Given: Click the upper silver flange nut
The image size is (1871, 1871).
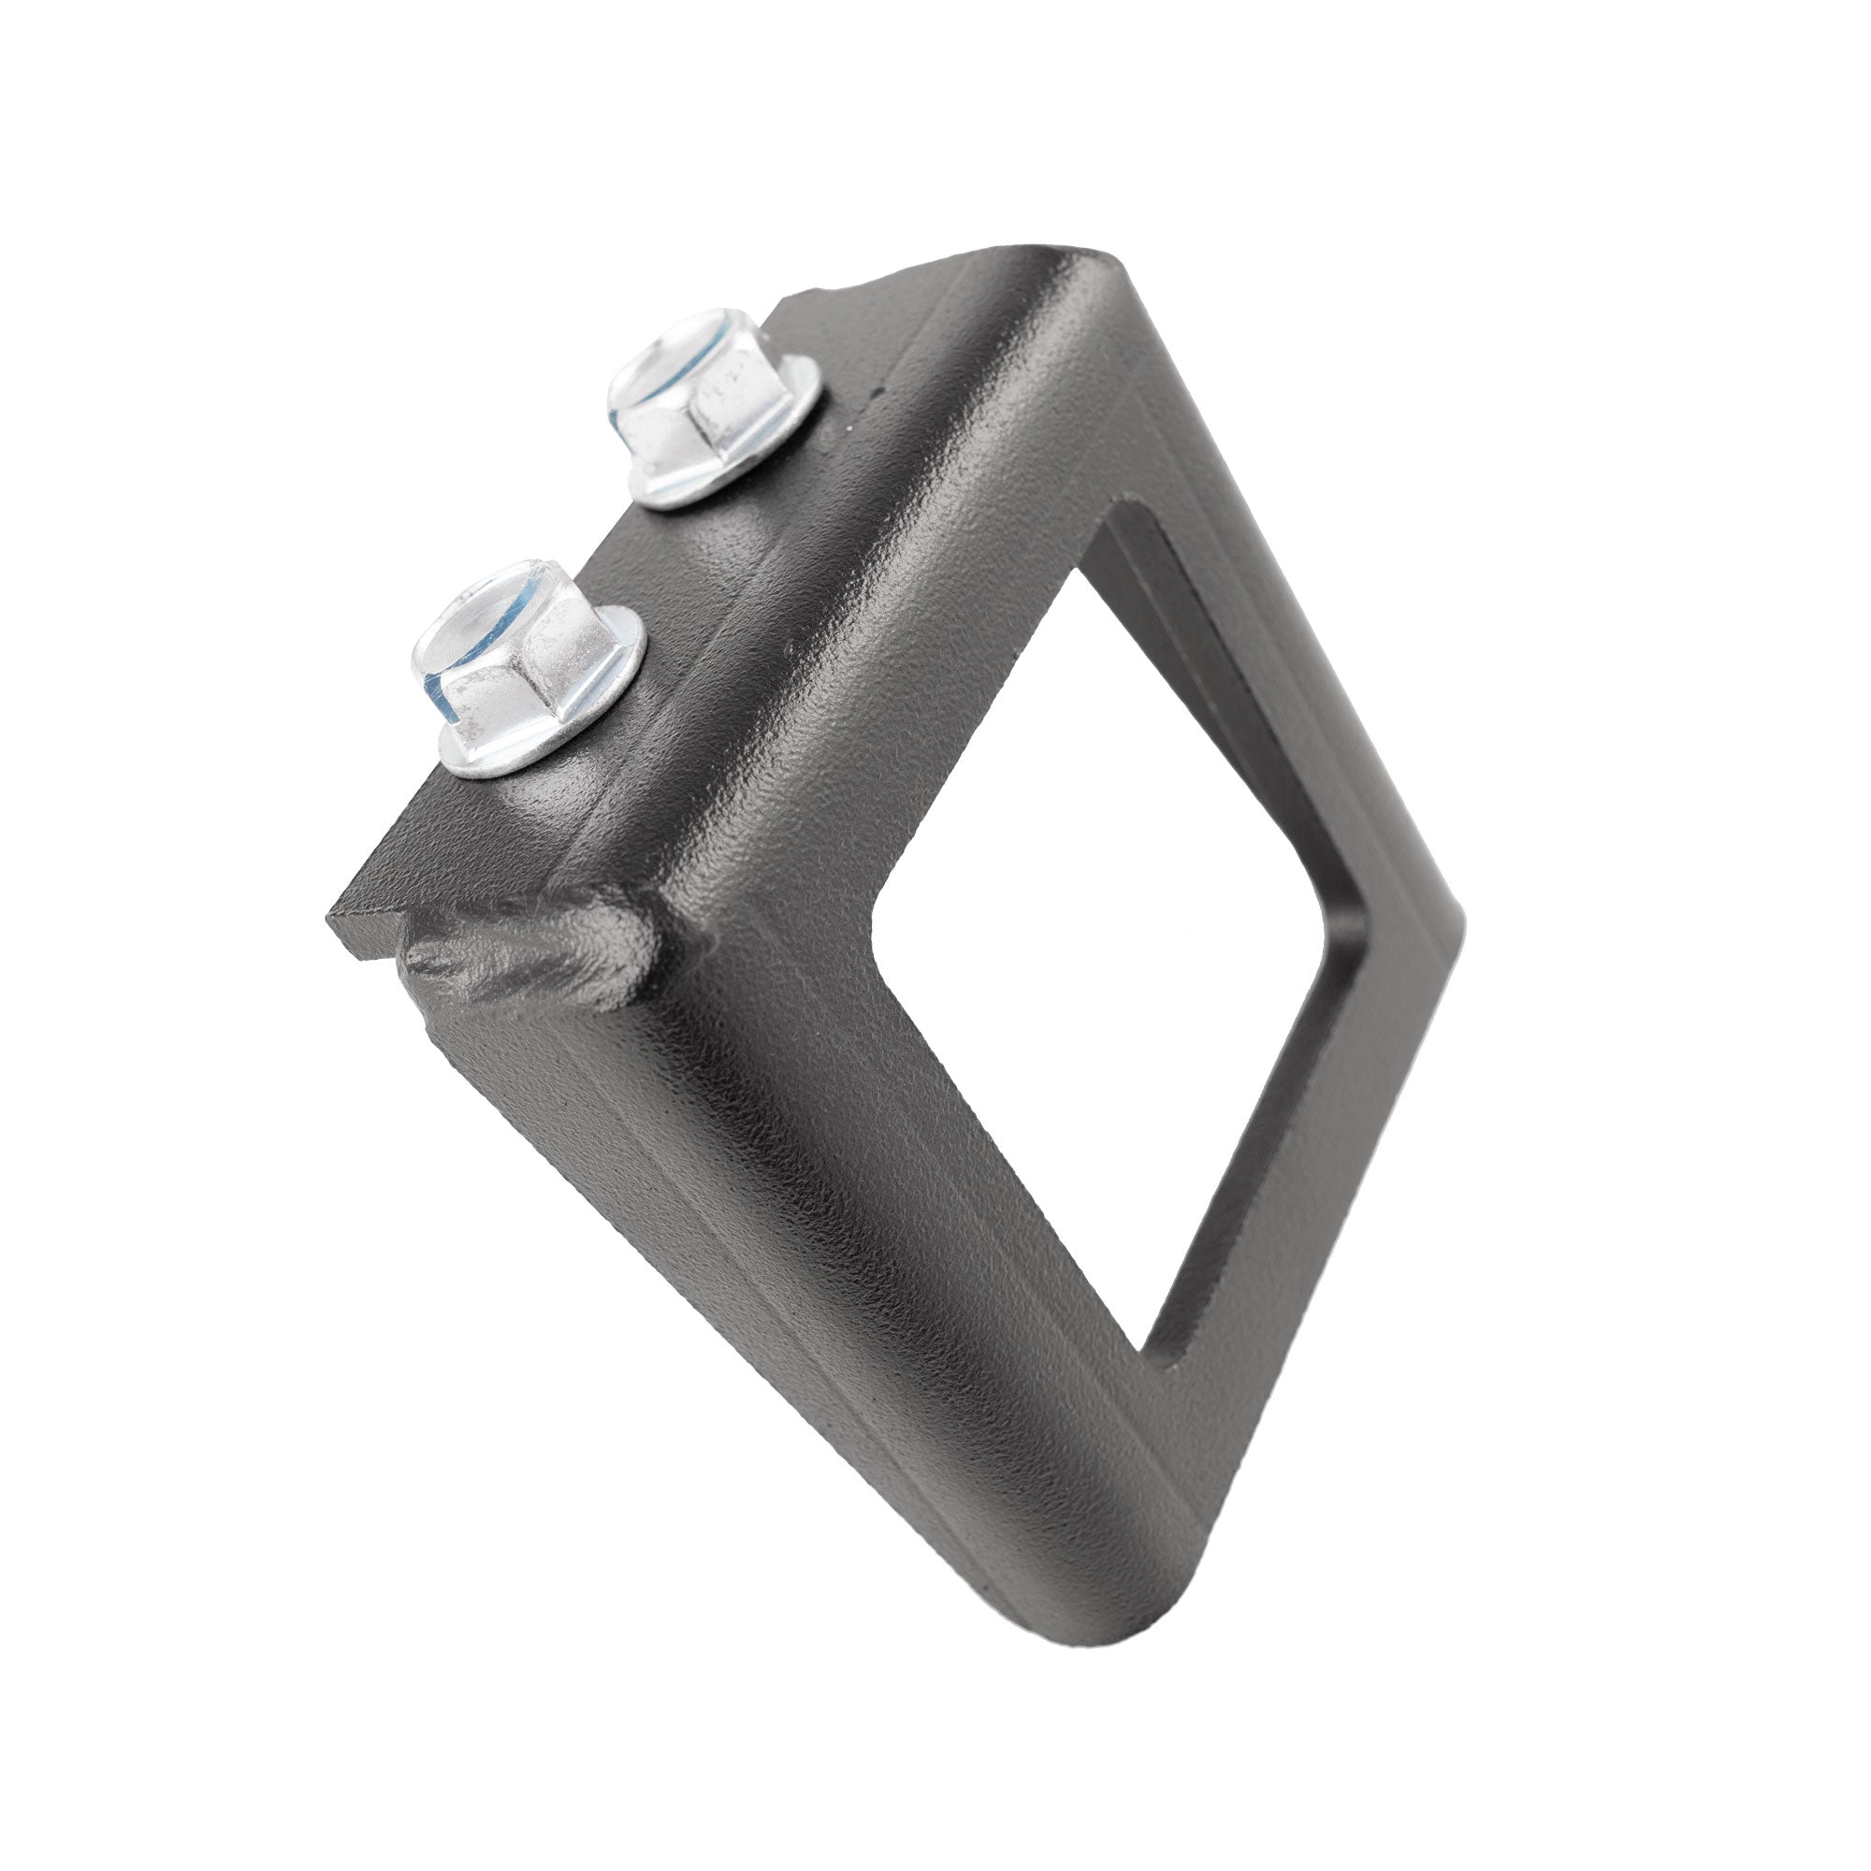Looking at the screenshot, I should (712, 407).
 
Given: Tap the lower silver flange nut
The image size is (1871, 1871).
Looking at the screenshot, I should (528, 668).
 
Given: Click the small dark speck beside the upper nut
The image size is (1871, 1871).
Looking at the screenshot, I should (879, 393).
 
